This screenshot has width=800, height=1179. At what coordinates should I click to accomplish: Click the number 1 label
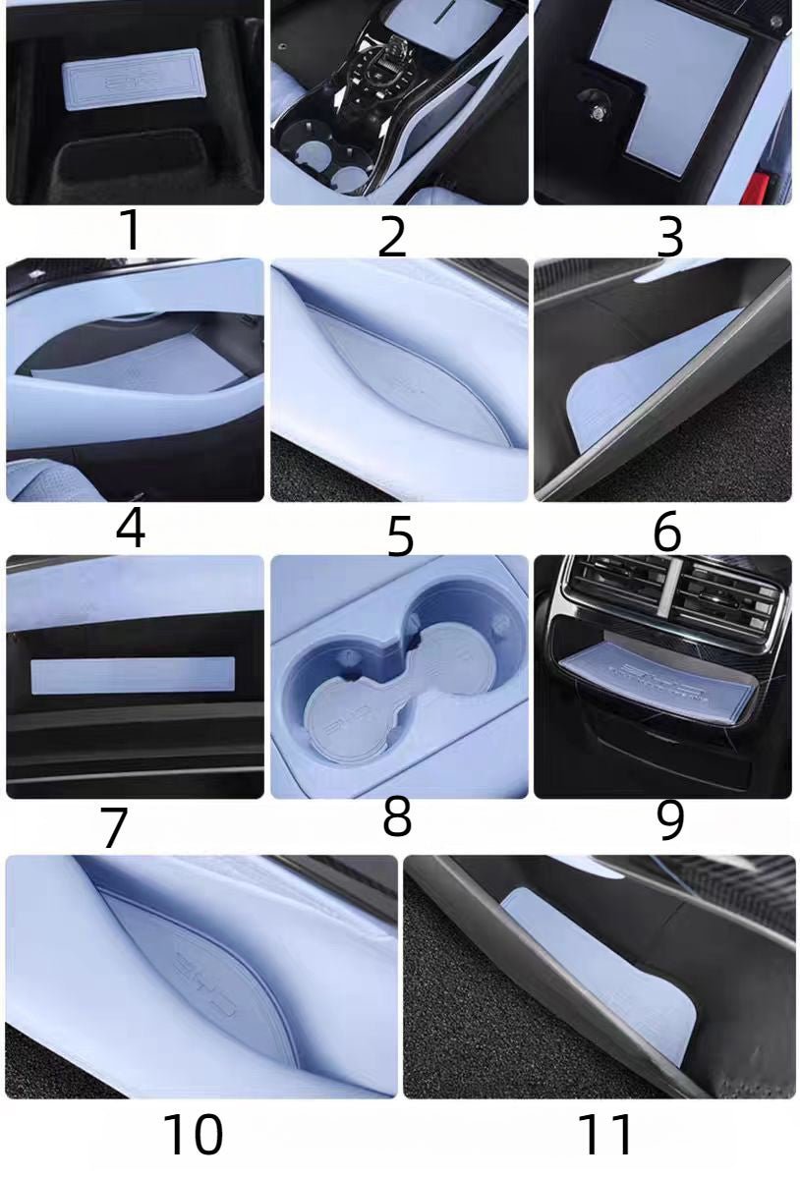coord(130,230)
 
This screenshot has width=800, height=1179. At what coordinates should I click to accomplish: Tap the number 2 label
coord(391,236)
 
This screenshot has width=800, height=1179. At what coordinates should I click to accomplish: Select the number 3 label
coord(669,237)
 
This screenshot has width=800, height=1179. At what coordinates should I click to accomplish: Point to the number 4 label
coord(130,528)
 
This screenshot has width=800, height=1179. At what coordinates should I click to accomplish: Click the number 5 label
coord(399,535)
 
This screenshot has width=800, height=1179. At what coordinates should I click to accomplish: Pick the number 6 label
coord(666,532)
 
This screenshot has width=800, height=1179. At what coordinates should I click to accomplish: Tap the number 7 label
coord(114,827)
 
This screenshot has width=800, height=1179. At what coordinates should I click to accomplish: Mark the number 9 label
coord(669,820)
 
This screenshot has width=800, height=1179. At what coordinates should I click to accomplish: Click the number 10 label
coord(193,1135)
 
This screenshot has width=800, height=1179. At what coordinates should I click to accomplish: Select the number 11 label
coord(604,1135)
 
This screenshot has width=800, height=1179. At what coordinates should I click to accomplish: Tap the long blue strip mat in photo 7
coord(133,676)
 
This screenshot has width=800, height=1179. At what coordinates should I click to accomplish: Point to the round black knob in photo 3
coord(595,101)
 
